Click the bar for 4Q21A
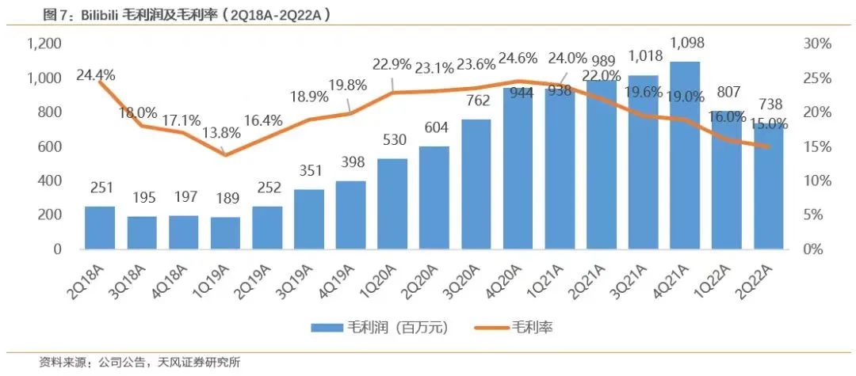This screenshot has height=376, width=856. pos(685,155)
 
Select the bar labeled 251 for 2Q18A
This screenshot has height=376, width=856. pos(99,228)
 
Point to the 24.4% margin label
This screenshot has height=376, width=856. pos(96,75)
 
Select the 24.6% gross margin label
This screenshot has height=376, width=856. pos(518,58)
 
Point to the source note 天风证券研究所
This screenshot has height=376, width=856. pos(197,363)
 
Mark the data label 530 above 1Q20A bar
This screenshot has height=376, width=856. pos(393,140)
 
